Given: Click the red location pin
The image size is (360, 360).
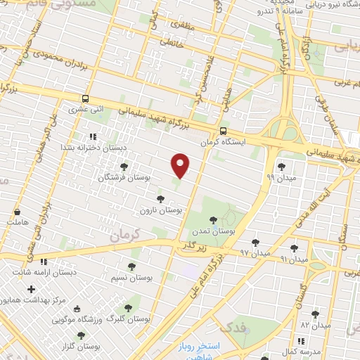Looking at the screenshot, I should [x=181, y=166].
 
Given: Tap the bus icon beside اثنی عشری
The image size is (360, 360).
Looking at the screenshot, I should [x=86, y=99].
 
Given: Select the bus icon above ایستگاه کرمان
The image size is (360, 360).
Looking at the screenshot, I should [x=223, y=131].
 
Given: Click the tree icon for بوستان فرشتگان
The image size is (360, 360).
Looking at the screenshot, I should [x=124, y=167].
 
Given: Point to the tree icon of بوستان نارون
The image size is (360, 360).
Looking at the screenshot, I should [x=160, y=199].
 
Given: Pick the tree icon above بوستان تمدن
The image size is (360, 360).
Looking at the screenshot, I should [x=213, y=220].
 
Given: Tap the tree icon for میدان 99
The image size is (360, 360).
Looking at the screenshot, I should [x=282, y=167].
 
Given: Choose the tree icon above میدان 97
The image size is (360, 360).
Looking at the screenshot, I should [x=255, y=243].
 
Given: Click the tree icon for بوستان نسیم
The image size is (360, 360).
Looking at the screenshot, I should [x=131, y=266].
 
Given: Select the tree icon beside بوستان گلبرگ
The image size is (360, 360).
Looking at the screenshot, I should [x=127, y=307].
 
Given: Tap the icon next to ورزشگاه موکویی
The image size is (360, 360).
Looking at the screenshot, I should [x=77, y=309].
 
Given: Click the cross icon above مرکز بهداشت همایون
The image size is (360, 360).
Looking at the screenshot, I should [x=31, y=289].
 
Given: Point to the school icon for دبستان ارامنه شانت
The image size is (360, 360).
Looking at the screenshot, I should [x=44, y=262].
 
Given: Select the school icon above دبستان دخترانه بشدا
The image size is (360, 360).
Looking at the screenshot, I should [x=91, y=136].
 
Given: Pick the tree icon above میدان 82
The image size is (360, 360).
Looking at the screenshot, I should [x=315, y=314].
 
